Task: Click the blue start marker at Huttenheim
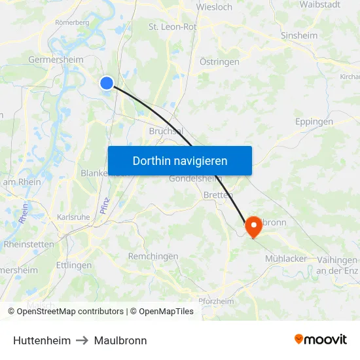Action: [107, 82]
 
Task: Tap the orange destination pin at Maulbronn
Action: [253, 226]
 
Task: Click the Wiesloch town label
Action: [214, 7]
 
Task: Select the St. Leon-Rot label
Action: [173, 27]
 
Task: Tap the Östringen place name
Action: [219, 62]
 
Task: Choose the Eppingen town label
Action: [314, 121]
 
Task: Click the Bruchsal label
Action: [165, 130]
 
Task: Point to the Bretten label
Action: [218, 195]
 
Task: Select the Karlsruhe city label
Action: [73, 217]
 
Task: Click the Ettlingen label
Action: [74, 265]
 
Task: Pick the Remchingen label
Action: [153, 257]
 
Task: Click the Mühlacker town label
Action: [286, 259]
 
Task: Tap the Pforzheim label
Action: [216, 301]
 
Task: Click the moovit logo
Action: [320, 340]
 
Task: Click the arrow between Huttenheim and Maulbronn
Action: [82, 341]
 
